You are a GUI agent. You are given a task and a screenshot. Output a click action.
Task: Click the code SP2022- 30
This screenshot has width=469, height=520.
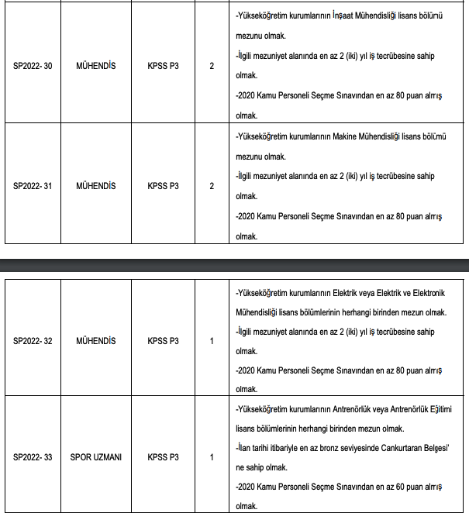[x=33, y=66]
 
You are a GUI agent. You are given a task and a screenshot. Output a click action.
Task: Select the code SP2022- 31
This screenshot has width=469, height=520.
[x=33, y=186]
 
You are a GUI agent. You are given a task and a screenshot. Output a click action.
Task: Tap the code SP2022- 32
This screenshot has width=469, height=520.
[x=33, y=340]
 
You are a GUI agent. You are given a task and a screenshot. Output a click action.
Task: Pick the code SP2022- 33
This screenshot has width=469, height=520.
[x=33, y=457]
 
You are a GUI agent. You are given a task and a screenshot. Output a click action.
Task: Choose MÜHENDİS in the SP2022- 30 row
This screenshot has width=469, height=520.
[x=96, y=66]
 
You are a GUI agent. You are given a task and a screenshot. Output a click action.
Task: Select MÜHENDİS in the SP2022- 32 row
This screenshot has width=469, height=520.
[x=96, y=340]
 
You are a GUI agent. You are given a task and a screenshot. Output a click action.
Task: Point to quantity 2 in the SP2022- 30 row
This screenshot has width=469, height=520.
[x=212, y=66]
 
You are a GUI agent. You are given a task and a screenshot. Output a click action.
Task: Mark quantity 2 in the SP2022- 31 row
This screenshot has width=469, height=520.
[x=212, y=186]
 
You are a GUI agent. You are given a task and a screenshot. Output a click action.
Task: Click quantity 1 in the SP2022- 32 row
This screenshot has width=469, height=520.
[x=212, y=340]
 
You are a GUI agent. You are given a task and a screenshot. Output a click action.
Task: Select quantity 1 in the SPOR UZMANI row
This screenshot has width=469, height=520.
[x=212, y=457]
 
